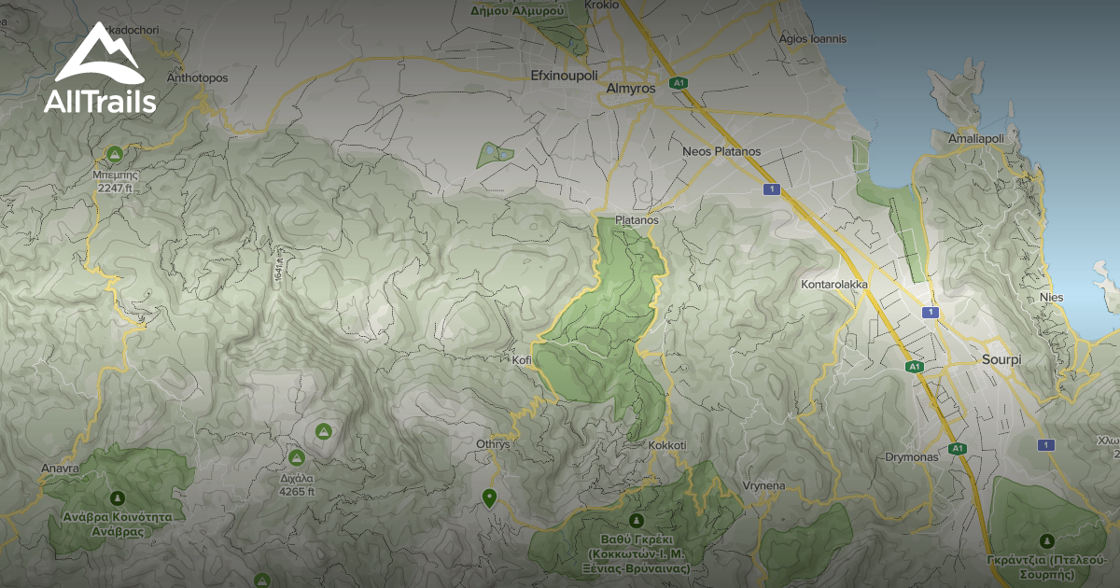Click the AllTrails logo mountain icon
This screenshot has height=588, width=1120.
click(x=98, y=54)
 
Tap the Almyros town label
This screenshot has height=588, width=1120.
click(x=631, y=88)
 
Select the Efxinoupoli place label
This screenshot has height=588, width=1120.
click(x=563, y=76)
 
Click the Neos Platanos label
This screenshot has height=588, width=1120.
click(x=721, y=151)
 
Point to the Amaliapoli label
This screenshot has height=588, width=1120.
click(x=975, y=138)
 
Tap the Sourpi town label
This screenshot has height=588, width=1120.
click(x=1003, y=358)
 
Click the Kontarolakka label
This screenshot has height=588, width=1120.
click(x=834, y=284)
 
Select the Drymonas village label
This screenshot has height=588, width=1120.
click(x=911, y=457)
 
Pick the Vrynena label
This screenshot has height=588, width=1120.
click(x=763, y=486)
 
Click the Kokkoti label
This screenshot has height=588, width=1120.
click(x=666, y=445)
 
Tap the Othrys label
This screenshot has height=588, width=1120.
click(x=493, y=444)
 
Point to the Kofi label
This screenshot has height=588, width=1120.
click(x=521, y=359)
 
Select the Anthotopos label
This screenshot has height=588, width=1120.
click(x=197, y=77)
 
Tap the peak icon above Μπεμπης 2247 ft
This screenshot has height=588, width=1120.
click(x=115, y=153)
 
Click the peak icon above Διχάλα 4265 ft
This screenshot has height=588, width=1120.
click(x=296, y=457)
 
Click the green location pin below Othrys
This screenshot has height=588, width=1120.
click(x=487, y=497)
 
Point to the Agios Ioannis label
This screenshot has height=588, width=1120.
click(x=813, y=39)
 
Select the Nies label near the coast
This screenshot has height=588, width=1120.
click(x=1051, y=297)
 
